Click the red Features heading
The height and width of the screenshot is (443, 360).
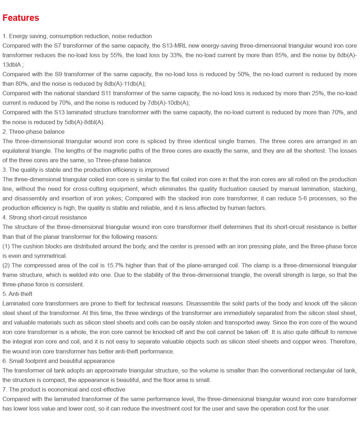21,18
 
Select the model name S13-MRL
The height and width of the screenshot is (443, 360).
174,46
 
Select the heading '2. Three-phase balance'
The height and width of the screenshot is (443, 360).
34,132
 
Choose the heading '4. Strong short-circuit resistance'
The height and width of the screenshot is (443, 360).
44,218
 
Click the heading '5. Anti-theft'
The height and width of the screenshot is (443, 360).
17,294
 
